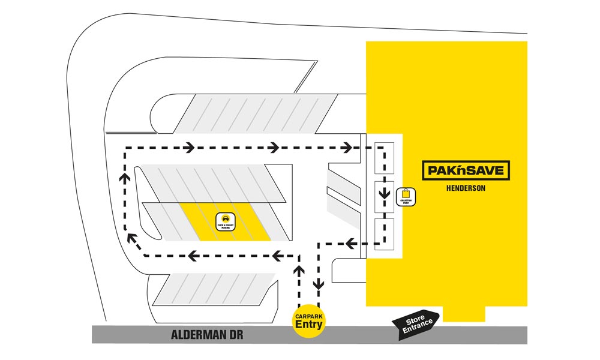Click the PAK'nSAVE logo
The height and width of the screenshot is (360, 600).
(466, 170)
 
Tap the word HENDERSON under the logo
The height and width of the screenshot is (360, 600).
(466, 188)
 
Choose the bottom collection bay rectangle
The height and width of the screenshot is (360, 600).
(383, 233)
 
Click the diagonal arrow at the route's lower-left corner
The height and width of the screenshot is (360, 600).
(134, 241)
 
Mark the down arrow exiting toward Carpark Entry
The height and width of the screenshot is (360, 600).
(319, 282)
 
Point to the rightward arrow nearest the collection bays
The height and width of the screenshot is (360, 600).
(347, 146)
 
